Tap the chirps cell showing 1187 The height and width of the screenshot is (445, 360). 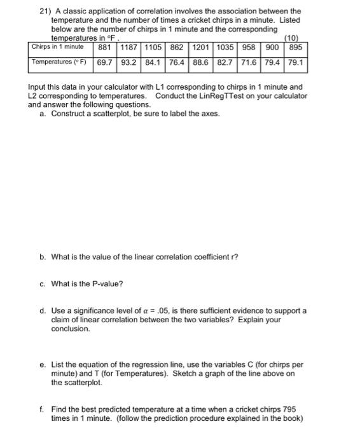point(130,48)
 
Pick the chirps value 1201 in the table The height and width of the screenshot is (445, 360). point(201,48)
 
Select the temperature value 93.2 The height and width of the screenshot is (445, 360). point(130,63)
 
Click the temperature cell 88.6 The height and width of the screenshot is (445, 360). point(201,63)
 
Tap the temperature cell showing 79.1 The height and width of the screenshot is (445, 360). point(296,63)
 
